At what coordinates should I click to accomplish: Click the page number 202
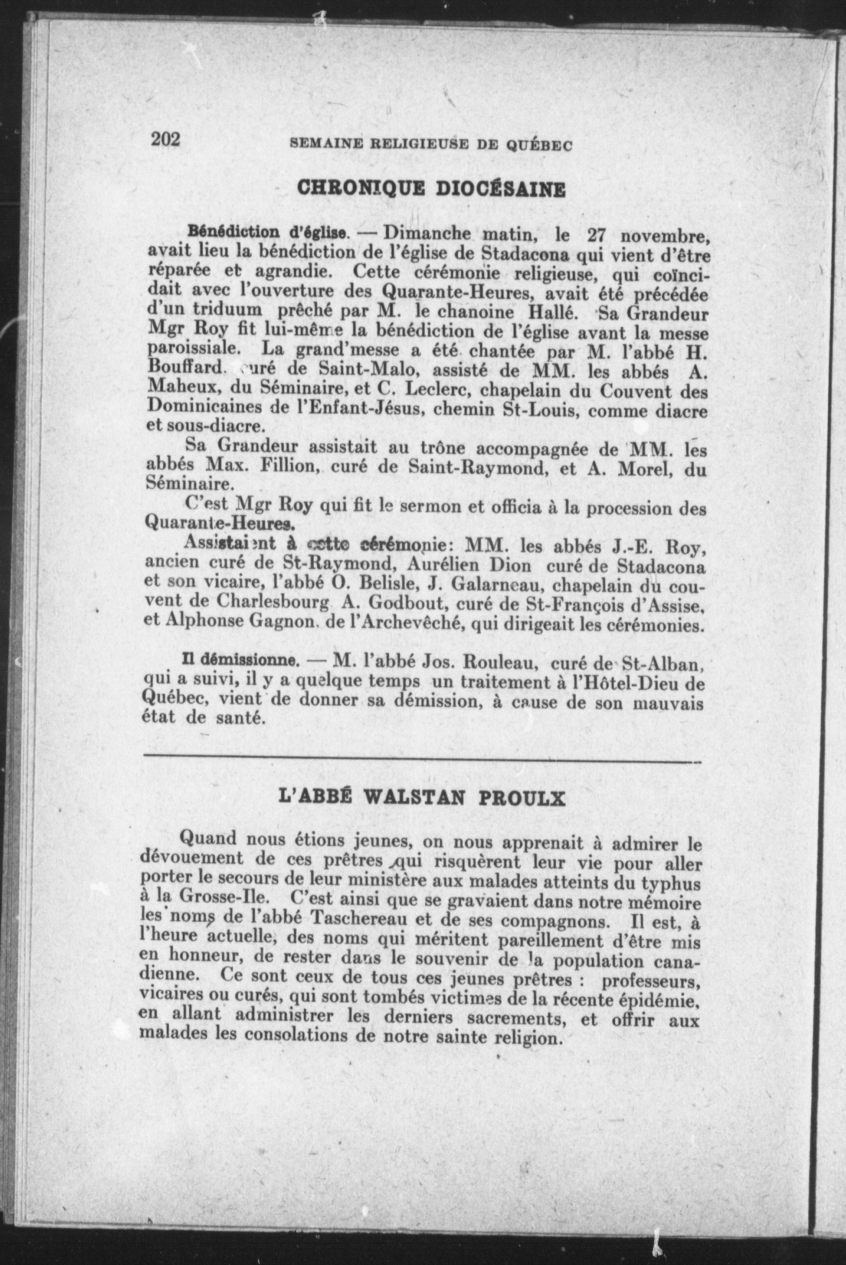tap(165, 139)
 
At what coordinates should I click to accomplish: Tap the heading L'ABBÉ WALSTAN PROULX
tap(422, 799)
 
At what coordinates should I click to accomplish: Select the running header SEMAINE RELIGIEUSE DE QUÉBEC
tap(430, 145)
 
